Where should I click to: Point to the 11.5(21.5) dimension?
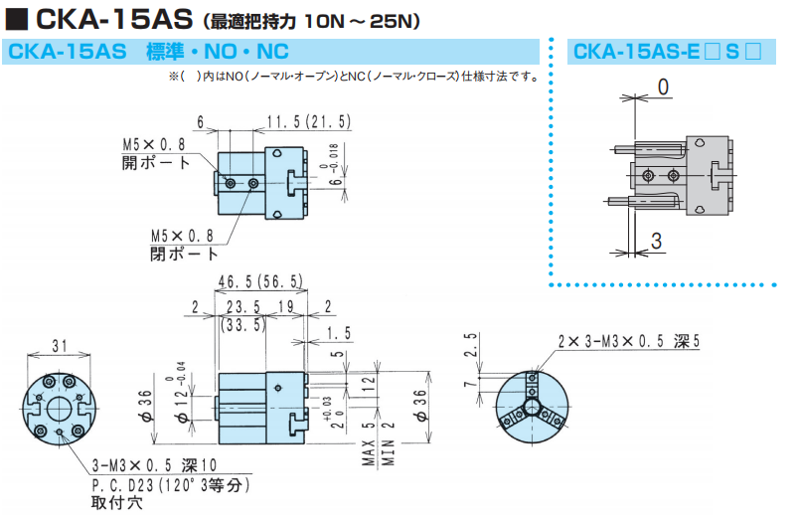308,122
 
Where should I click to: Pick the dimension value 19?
283,306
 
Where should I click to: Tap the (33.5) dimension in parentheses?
242,324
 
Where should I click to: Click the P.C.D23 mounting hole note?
170,485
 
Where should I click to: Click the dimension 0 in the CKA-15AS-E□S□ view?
662,87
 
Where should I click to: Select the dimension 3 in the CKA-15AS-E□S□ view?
657,240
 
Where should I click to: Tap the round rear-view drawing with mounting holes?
59,408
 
